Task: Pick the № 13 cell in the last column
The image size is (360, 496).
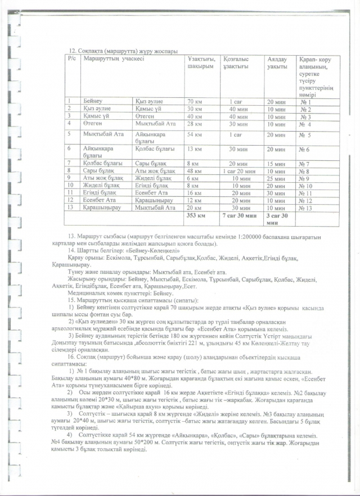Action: [x=307, y=207]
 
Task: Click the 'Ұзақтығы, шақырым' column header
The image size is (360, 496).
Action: [x=200, y=62]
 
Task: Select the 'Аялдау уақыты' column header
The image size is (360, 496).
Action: [x=276, y=62]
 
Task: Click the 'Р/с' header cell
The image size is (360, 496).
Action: [x=73, y=58]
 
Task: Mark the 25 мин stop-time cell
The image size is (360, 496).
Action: [x=276, y=178]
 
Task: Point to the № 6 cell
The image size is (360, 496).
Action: [x=307, y=149]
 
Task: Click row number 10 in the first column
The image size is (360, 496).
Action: [x=71, y=185]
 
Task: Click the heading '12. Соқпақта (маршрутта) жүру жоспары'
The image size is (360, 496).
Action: [x=115, y=51]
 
